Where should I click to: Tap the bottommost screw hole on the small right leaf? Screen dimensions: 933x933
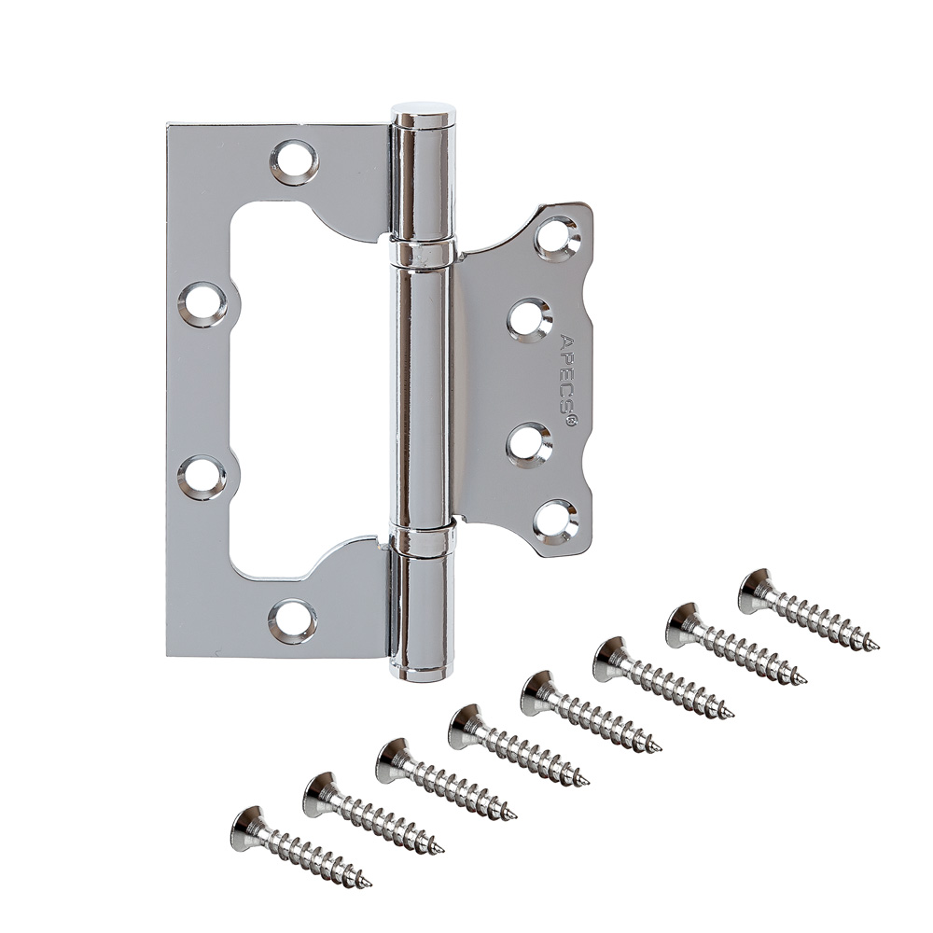click(556, 521)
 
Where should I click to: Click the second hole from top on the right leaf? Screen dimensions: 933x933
click(530, 320)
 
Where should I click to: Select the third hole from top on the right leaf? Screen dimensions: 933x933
click(530, 444)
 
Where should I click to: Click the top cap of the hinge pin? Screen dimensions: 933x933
click(424, 113)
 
